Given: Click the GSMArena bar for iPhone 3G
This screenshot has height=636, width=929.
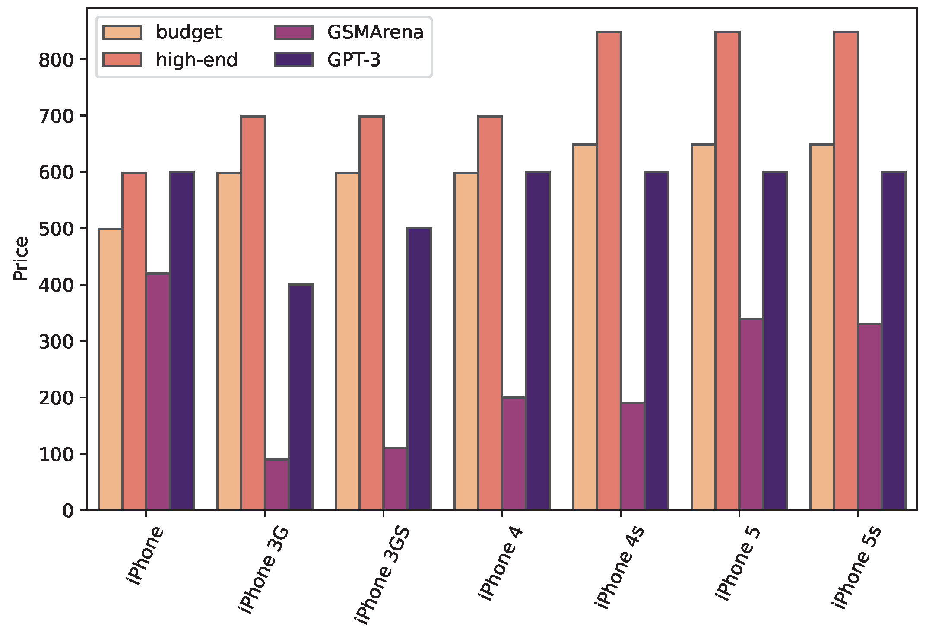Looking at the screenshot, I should [277, 484].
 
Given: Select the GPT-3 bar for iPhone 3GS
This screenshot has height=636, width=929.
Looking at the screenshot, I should [419, 369].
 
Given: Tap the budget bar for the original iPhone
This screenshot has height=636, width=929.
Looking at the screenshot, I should [111, 369].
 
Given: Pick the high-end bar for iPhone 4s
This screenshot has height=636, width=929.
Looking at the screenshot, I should [609, 271].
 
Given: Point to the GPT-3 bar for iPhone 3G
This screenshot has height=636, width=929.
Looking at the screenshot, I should [301, 397].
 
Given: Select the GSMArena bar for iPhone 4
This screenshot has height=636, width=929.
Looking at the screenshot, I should [514, 454].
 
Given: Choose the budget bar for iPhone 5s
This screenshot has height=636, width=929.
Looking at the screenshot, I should [822, 327].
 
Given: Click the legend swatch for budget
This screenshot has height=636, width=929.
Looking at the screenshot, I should [122, 32].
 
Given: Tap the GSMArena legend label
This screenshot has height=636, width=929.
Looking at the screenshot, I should [375, 32].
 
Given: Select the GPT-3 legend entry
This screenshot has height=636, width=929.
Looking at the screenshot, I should [353, 60].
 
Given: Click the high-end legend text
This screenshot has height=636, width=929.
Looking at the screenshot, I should [197, 60].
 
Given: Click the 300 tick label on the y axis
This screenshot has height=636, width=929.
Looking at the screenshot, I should [56, 341].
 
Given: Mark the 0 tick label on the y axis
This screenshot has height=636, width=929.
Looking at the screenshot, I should [68, 511].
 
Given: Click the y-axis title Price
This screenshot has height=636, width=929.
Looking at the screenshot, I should [20, 258].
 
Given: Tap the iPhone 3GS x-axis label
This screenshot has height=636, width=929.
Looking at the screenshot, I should [382, 575].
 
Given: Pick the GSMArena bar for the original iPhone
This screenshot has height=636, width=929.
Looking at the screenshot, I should [158, 391].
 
